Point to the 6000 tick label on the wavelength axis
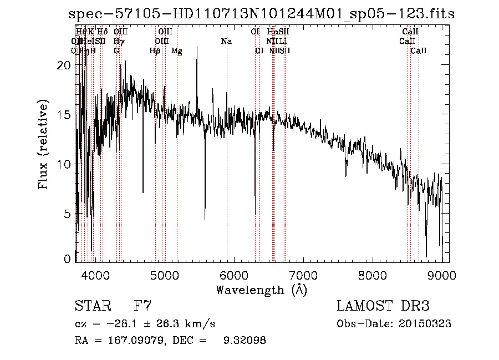(233, 275)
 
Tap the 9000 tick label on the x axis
(442, 275)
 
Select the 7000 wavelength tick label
(303, 275)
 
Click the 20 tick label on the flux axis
(64, 65)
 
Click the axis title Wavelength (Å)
(261, 290)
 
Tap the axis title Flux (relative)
(43, 144)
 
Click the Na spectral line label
(226, 42)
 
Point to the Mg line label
(176, 51)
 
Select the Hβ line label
(155, 51)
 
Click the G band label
(116, 51)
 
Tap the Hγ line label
(118, 42)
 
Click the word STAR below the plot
(92, 306)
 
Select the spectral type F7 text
(142, 306)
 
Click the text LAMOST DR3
(383, 306)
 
